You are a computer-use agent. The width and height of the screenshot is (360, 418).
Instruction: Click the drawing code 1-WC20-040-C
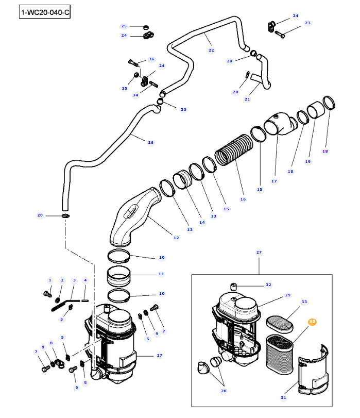click(44, 12)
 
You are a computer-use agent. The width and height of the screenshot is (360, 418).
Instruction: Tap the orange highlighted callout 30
click(312, 322)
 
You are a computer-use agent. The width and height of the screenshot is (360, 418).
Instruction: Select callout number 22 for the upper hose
click(211, 50)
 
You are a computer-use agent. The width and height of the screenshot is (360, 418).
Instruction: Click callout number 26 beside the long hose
click(150, 142)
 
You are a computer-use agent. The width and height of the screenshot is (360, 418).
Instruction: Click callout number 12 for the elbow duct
click(176, 238)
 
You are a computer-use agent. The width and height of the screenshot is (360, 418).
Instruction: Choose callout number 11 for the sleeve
click(161, 274)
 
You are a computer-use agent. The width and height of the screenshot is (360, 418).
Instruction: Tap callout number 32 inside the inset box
click(268, 285)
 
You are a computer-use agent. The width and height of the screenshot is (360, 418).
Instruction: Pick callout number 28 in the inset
click(224, 391)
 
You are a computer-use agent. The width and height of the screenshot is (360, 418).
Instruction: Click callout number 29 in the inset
click(288, 295)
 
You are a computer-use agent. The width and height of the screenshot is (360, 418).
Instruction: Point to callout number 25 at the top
click(124, 26)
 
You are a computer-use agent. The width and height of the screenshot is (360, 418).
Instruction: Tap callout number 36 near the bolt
click(151, 59)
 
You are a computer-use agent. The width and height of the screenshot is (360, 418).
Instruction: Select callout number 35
click(124, 88)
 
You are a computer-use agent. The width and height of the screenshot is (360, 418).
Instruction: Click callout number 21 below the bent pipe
click(247, 99)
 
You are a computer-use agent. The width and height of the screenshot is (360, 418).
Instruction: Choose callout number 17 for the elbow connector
click(274, 181)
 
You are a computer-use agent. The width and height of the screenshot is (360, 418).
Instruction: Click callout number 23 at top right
click(307, 23)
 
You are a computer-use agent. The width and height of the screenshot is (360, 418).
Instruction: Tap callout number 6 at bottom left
click(76, 388)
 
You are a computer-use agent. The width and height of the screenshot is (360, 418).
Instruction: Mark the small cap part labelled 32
click(233, 286)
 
